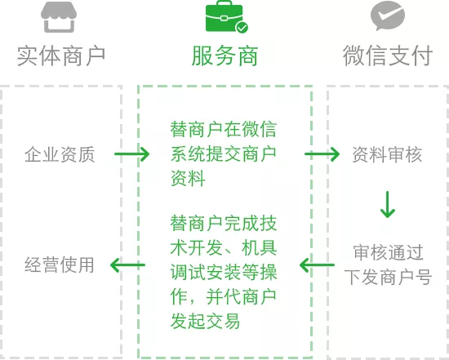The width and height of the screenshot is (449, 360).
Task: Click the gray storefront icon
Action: pos(59,17)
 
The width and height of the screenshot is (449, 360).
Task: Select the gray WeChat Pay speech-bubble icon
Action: pos(388,16)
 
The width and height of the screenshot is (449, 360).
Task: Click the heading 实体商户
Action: pos(61,56)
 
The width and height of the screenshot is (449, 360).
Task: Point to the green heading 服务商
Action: pos(224,56)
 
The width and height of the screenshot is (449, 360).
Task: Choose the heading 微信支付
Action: pos(388,56)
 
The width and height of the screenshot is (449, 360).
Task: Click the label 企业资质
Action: pos(60,154)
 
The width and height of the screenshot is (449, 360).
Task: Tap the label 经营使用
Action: pos(60,264)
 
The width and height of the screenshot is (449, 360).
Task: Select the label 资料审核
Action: pos(387,154)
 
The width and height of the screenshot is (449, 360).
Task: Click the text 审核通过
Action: pos(388,252)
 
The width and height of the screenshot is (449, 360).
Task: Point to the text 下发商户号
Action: pos(388,277)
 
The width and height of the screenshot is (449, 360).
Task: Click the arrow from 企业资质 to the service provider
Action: pos(131,154)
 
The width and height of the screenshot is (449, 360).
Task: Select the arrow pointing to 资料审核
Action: pos(322,154)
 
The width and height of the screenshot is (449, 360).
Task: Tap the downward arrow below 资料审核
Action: pos(388,204)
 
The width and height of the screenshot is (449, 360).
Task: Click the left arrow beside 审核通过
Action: pos(317,265)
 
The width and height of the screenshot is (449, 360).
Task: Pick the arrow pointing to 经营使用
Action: pos(127,265)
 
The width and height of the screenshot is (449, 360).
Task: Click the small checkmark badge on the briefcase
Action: pos(242,28)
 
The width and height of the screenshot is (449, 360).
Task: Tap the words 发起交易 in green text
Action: pos(205,321)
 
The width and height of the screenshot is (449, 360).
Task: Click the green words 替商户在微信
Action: pos(224,130)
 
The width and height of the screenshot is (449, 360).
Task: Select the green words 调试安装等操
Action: pos(224,272)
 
